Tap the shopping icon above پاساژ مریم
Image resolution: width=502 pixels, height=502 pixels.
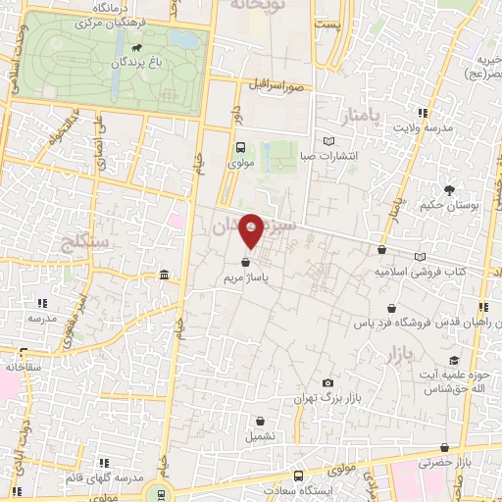[x=244, y=262]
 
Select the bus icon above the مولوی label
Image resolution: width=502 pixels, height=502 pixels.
[x=240, y=147]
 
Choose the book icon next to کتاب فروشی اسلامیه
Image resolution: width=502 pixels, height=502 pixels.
[x=421, y=255]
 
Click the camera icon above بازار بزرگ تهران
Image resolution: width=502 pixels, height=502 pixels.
[x=327, y=383]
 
